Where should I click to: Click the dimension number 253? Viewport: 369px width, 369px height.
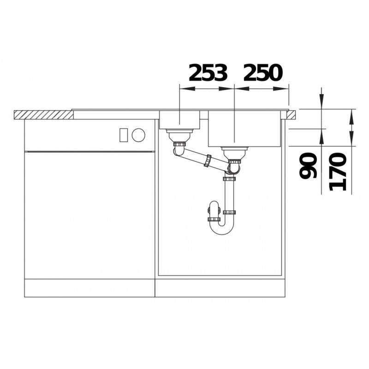pos(208,72)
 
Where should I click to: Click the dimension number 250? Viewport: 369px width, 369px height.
pos(262,72)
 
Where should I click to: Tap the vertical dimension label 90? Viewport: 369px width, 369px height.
pos(308,165)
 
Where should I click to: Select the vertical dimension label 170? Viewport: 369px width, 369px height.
pos(338,171)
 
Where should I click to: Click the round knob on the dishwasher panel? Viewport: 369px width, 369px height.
pos(138,135)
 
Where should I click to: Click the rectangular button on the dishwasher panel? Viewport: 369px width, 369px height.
pos(124,135)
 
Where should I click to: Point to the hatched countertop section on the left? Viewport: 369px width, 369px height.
pos(43,115)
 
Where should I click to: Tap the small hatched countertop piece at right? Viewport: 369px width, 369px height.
pos(292,115)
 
